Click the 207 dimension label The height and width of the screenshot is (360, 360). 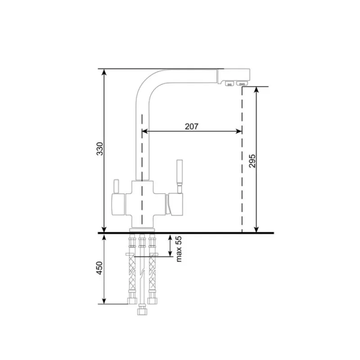point(192,126)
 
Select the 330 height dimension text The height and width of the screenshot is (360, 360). point(100,149)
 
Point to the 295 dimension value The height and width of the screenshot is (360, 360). point(252,161)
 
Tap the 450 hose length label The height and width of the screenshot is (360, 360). point(99,268)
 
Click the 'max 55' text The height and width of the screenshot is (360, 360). point(179,249)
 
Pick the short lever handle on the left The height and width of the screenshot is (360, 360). point(116,186)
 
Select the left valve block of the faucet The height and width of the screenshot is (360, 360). point(118,205)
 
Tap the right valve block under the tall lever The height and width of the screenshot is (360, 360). point(175,204)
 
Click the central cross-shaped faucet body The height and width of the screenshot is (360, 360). point(142,204)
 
